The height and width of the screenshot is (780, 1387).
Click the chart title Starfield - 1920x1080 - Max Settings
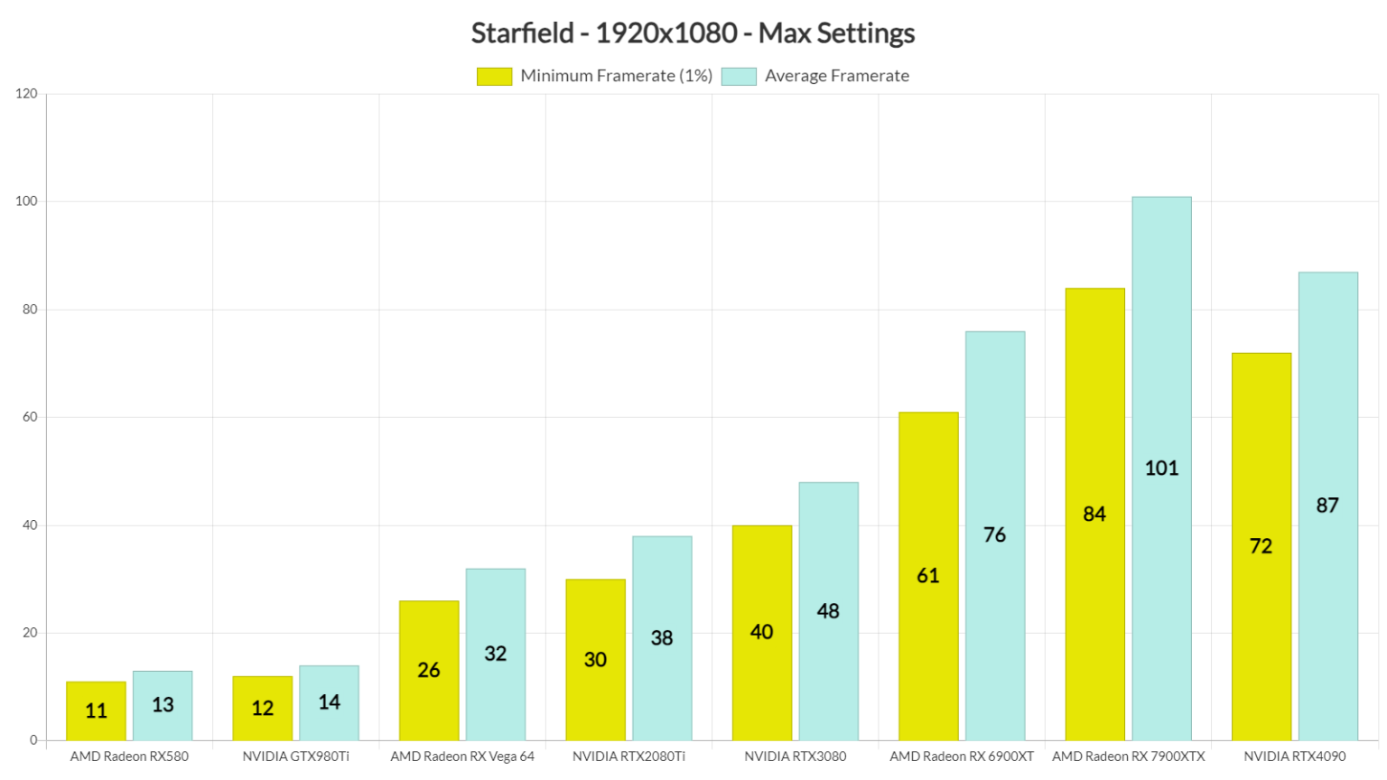(693, 33)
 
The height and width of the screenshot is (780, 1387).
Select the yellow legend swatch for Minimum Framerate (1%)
(494, 77)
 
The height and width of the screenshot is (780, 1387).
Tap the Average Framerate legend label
(836, 77)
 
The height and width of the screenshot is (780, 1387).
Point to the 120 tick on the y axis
(26, 94)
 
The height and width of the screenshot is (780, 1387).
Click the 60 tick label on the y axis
(30, 417)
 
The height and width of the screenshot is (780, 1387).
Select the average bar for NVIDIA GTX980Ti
(329, 703)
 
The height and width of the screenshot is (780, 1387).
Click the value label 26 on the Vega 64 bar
(429, 671)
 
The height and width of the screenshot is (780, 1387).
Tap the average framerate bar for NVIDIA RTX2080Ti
(662, 638)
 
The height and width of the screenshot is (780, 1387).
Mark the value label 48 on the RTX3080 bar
(828, 612)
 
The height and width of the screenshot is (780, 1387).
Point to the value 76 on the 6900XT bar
(994, 535)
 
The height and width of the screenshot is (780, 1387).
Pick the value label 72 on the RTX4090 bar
(1261, 546)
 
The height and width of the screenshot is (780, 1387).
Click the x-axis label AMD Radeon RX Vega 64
(462, 757)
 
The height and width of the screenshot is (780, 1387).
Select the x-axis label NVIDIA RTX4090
(1294, 757)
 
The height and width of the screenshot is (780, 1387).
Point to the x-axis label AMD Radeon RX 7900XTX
(1128, 757)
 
